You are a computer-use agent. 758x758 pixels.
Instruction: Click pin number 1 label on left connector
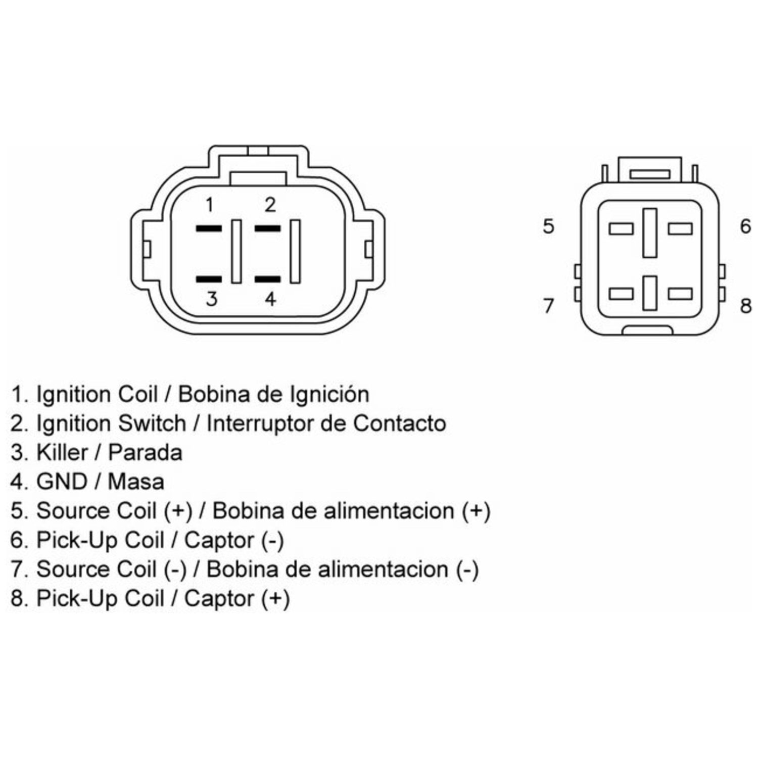(x=209, y=205)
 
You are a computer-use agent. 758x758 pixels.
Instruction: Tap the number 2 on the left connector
(x=270, y=205)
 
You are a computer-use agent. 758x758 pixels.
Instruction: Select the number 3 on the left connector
(x=212, y=299)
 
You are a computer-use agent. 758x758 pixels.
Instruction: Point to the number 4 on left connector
(x=271, y=299)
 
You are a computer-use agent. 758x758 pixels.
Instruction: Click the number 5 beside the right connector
(x=549, y=226)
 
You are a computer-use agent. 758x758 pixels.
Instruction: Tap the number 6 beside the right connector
(x=745, y=226)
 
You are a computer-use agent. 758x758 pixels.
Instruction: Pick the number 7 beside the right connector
(x=549, y=305)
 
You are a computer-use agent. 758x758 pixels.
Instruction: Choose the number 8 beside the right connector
(x=745, y=305)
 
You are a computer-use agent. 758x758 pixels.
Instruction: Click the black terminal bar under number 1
(x=209, y=229)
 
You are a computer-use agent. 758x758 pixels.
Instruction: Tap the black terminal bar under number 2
(x=267, y=229)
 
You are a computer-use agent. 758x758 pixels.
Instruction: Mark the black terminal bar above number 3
(x=209, y=279)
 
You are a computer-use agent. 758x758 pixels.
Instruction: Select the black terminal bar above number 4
(x=267, y=279)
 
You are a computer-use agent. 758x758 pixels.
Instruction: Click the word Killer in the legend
(x=62, y=452)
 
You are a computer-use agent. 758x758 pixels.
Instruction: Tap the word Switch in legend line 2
(x=152, y=423)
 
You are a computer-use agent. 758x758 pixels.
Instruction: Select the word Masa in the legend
(x=136, y=482)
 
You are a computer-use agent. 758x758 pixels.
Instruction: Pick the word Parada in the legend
(x=146, y=452)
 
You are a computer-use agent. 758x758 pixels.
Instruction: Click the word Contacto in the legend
(x=399, y=423)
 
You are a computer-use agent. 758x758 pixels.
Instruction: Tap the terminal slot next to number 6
(x=680, y=229)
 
